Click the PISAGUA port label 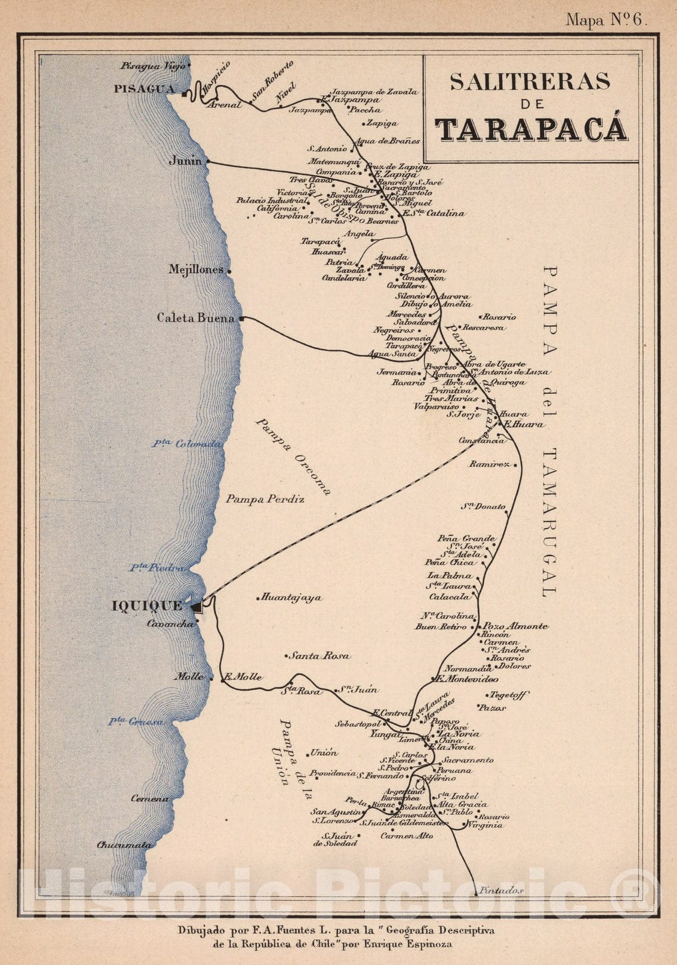pos(144,89)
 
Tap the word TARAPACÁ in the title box pos(531,128)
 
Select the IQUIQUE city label pos(147,606)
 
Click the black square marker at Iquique pos(197,607)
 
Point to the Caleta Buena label pos(195,318)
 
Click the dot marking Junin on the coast pos(208,162)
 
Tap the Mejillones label pos(196,270)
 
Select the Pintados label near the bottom pos(500,890)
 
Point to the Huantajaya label pos(291,598)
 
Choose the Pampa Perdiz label pos(265,499)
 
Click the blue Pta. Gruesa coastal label pos(136,721)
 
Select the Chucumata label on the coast pos(124,845)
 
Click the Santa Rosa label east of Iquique pos(319,656)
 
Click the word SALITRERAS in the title pos(530,81)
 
